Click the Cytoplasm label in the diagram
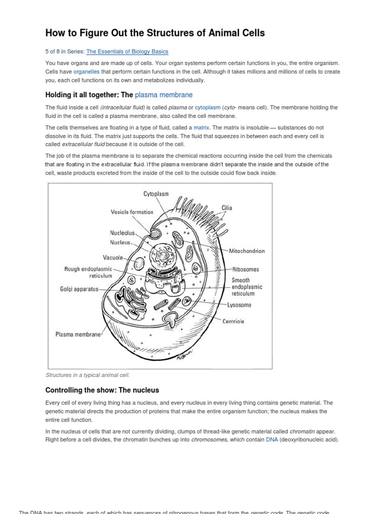(x=156, y=193)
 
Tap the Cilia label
(x=227, y=208)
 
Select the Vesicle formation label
(x=132, y=212)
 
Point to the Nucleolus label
(x=123, y=233)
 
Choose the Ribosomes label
(x=245, y=270)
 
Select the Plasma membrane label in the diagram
(x=78, y=334)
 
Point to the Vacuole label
(x=113, y=258)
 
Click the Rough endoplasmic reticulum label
(x=88, y=273)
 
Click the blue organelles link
(x=87, y=71)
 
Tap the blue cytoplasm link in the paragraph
(x=208, y=107)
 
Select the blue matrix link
(x=201, y=127)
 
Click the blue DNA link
(x=271, y=440)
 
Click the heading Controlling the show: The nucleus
(x=102, y=390)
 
